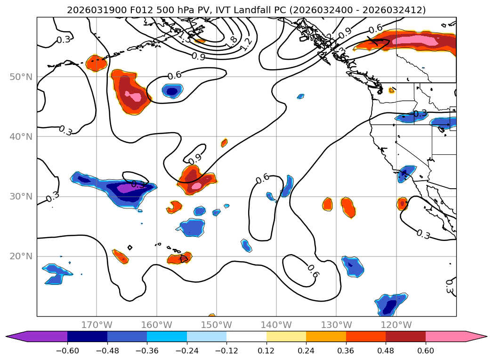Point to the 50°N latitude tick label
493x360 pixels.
tap(21, 77)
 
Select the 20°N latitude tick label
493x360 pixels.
tap(21, 256)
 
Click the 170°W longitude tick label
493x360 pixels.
tap(97, 325)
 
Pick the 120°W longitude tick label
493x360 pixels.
tap(396, 325)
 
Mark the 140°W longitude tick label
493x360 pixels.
tap(276, 325)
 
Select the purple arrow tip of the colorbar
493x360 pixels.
tap(14, 336)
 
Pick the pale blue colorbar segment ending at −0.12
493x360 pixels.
tap(207, 336)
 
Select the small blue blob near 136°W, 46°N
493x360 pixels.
tap(300, 96)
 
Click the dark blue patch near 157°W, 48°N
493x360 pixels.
tap(173, 91)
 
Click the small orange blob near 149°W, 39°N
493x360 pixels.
tap(224, 143)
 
